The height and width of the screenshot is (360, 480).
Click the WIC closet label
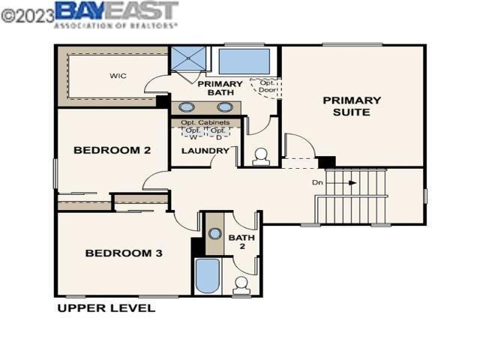[118, 76]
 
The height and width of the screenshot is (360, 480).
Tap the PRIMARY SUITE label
[352, 106]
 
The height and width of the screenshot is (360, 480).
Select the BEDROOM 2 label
[112, 150]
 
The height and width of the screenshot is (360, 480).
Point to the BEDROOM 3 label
[124, 253]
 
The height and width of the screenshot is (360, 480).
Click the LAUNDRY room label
[205, 151]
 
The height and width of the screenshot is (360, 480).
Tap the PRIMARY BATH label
[220, 88]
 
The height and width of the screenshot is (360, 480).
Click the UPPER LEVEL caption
[106, 307]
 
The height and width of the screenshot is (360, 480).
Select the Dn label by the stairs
[318, 182]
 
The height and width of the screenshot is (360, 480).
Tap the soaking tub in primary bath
[244, 60]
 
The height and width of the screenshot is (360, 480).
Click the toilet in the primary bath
[261, 157]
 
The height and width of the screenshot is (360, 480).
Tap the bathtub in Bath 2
[207, 275]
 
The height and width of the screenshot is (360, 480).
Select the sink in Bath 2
[214, 233]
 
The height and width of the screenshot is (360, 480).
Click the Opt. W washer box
[193, 133]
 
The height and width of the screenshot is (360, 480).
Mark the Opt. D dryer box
[218, 133]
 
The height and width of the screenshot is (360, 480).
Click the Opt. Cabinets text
[205, 122]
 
